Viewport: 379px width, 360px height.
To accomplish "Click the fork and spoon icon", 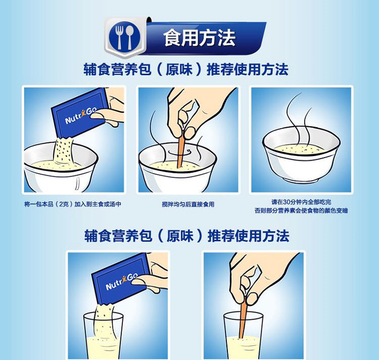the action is [x=125, y=38].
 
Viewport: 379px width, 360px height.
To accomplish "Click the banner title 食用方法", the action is [x=199, y=38].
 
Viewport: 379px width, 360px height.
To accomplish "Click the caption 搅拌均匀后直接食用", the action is [x=188, y=204].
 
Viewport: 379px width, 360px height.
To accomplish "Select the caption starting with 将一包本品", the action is [x=73, y=204].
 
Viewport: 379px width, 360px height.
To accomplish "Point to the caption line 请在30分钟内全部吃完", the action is [x=301, y=202].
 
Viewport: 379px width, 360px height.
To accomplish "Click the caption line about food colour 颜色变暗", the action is [x=301, y=211].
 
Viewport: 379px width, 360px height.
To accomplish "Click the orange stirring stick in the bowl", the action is [x=181, y=149].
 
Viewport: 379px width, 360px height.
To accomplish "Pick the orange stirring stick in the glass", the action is [x=243, y=317].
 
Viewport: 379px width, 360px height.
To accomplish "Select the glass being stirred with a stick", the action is [x=242, y=336].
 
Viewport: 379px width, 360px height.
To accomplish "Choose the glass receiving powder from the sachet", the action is [x=103, y=336].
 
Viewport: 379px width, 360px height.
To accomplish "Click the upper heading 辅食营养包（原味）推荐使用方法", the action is [x=186, y=70].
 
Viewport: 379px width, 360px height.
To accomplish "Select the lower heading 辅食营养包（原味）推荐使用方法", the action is [x=186, y=236].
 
